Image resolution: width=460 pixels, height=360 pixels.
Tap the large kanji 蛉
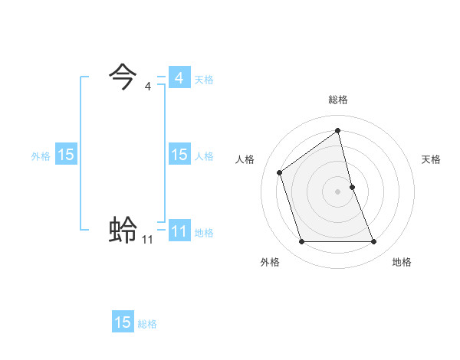click(123, 230)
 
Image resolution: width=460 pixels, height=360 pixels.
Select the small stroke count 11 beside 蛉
click(147, 240)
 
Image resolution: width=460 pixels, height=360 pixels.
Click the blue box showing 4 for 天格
click(179, 78)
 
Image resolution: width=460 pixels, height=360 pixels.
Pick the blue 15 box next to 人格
click(179, 155)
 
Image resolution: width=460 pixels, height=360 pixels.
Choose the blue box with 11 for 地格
click(179, 231)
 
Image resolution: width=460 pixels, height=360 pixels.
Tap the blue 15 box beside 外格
click(66, 155)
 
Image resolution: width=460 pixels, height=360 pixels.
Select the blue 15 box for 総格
click(123, 322)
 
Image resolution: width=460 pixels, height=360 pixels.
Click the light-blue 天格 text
click(204, 80)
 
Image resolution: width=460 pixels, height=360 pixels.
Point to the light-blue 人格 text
click(204, 156)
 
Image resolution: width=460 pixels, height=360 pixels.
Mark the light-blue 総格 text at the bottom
click(147, 324)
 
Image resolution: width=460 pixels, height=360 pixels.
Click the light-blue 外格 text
click(41, 156)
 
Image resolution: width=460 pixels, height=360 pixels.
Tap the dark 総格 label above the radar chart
click(338, 100)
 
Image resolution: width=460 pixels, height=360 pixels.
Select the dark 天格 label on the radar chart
click(432, 159)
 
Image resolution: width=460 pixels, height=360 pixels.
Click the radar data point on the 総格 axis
click(338, 130)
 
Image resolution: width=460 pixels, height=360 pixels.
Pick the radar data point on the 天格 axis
click(352, 186)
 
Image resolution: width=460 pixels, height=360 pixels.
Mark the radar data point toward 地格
click(374, 242)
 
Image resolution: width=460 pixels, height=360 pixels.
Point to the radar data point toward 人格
click(280, 172)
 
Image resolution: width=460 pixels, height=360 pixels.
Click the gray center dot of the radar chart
click(338, 191)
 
